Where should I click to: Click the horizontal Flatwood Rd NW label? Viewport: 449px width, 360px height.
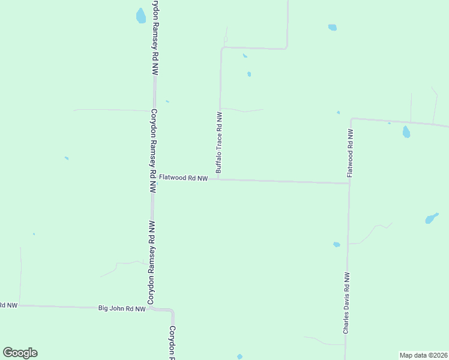(183, 178)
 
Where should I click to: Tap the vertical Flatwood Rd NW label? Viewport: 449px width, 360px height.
(351, 152)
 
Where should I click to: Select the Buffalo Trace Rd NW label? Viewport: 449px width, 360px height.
(219, 143)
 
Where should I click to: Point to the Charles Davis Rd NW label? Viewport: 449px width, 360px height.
(346, 303)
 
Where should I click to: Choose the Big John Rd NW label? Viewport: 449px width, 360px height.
(122, 309)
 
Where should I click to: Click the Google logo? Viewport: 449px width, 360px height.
(20, 353)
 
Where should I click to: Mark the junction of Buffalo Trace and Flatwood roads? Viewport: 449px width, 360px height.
(218, 179)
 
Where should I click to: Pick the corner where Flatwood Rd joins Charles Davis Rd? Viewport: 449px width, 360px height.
(349, 183)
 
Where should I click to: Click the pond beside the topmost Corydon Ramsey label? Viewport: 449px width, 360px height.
(141, 16)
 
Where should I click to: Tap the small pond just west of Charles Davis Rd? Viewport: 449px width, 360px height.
(336, 244)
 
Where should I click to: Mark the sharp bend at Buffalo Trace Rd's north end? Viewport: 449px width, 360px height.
(222, 48)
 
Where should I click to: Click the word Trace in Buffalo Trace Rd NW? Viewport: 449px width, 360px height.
(219, 142)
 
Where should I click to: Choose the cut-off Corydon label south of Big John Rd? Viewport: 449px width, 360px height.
(172, 342)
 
